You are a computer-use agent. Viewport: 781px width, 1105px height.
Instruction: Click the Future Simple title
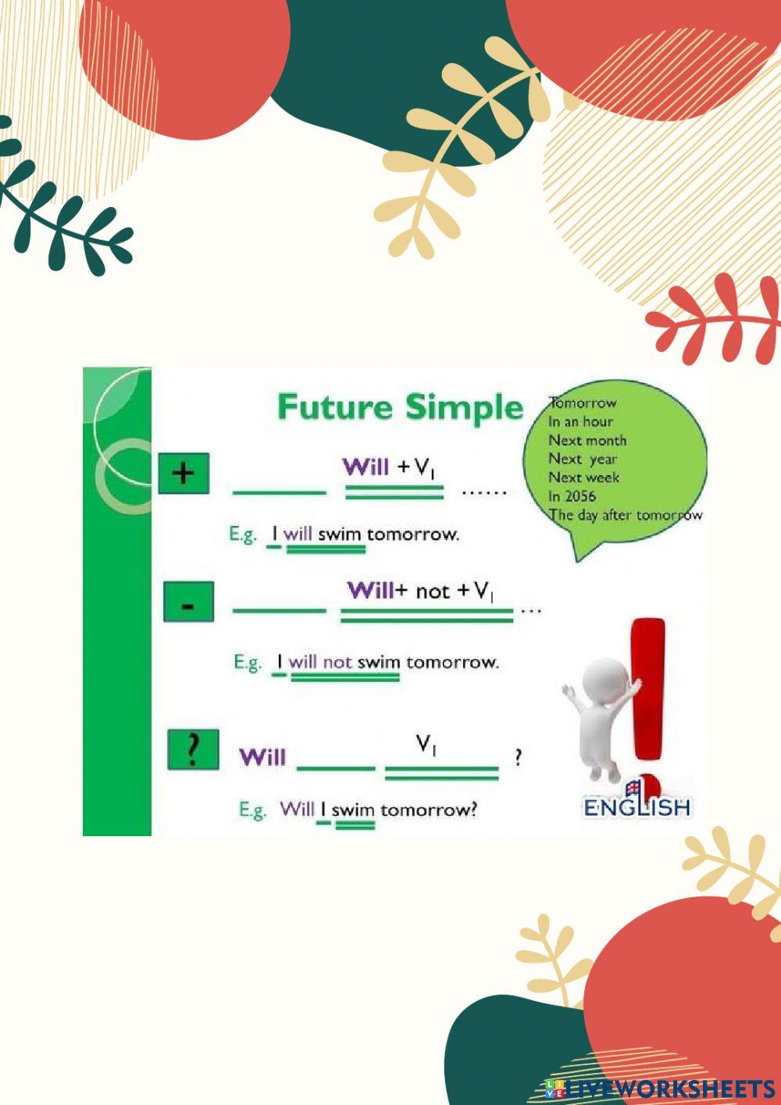[x=400, y=408]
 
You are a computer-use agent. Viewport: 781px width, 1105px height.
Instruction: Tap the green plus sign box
[x=184, y=473]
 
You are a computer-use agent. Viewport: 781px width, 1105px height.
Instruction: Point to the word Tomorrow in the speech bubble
[x=583, y=403]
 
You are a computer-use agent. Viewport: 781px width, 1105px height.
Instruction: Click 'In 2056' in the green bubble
[x=572, y=496]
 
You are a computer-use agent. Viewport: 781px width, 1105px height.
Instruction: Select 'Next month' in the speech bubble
[x=587, y=441]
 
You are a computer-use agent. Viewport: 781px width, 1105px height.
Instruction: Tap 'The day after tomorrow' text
[x=626, y=515]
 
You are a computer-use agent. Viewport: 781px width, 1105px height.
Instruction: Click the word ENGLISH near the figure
[x=637, y=807]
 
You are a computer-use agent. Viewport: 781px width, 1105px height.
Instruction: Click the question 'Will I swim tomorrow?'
[x=378, y=809]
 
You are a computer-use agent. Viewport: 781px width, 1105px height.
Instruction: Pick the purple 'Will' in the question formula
[x=262, y=756]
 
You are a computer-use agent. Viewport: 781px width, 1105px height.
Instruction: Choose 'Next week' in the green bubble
[x=583, y=477]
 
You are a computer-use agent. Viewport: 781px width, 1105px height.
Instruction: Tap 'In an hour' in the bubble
[x=580, y=422]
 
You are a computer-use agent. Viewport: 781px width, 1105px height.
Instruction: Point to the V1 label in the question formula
[x=426, y=746]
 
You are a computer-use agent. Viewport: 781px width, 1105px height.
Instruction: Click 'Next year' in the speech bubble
[x=583, y=460]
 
